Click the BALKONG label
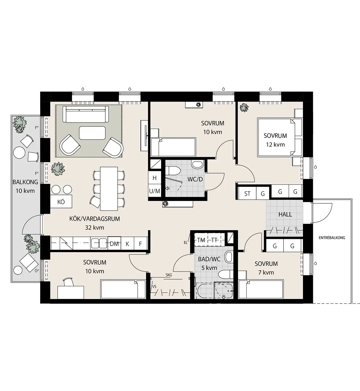[x=25, y=182]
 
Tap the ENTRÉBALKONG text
[x=332, y=238]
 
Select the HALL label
[x=285, y=214]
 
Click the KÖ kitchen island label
[x=61, y=202]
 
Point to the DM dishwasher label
[x=114, y=244]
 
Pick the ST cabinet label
[x=247, y=194]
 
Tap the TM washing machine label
[x=201, y=240]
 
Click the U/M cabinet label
[x=154, y=191]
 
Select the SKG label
[x=169, y=275]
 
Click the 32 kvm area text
[x=94, y=227]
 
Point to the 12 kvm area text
[x=275, y=144]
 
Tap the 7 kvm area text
[x=266, y=272]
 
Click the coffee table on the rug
[x=92, y=133]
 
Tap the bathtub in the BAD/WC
[x=214, y=290]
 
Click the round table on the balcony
[x=19, y=153]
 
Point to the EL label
[x=185, y=243]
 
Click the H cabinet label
[x=154, y=178]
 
